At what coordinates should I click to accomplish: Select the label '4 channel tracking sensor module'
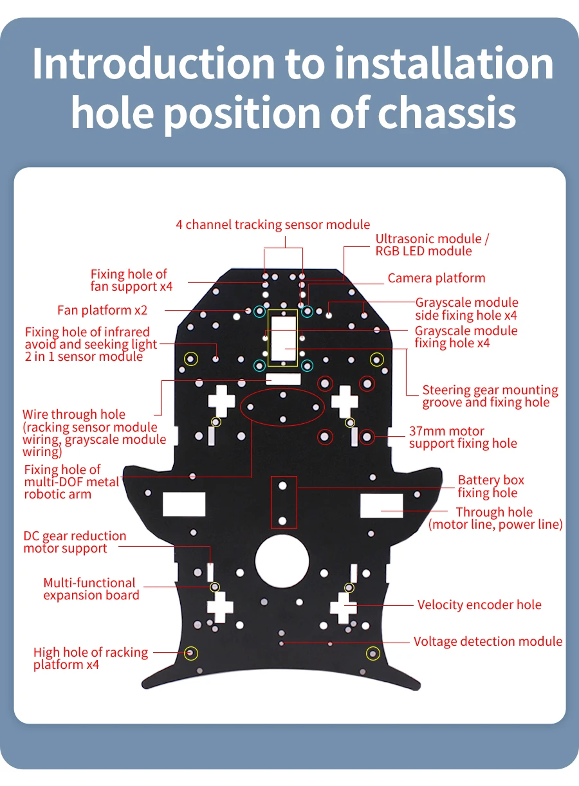point(273,224)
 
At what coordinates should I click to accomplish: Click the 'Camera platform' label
point(436,279)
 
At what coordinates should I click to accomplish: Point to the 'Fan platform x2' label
point(102,310)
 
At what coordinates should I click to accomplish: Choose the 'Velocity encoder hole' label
point(479,605)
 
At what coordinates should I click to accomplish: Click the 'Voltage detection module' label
point(488,641)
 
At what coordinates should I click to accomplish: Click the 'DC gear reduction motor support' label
point(75,542)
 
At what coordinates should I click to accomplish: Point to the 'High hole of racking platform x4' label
point(90,659)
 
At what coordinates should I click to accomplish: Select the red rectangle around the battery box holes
point(283,502)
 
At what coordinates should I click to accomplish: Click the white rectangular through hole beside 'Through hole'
point(381,505)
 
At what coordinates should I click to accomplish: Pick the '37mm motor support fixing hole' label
point(462,437)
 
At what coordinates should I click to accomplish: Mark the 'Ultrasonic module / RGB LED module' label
point(432,245)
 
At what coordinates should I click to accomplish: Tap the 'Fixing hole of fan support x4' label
point(131,280)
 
